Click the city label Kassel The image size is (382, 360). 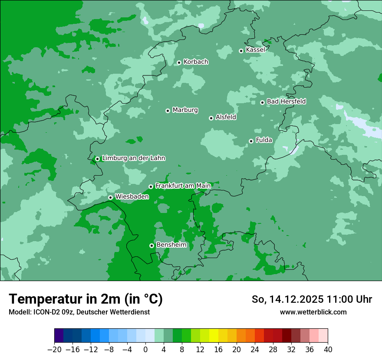click(x=255, y=50)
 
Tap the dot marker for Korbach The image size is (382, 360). click(x=179, y=63)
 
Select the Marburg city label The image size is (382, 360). click(x=185, y=110)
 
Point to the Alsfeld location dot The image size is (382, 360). click(x=211, y=118)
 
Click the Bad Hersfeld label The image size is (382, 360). click(x=286, y=101)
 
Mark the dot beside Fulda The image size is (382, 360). click(x=251, y=141)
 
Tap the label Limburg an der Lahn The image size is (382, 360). click(x=133, y=158)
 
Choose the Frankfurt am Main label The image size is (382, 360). click(x=183, y=186)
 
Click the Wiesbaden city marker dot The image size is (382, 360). click(x=111, y=197)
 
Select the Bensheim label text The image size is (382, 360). click(x=171, y=245)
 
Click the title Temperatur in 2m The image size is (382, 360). click(x=86, y=299)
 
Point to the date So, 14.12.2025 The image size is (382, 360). click(x=287, y=299)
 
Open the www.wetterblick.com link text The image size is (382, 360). click(x=313, y=312)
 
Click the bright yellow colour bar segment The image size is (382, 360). click(x=214, y=336)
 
